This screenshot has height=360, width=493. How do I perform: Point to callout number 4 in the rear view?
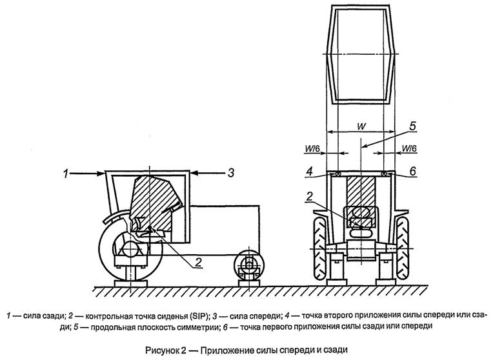pos(311,172)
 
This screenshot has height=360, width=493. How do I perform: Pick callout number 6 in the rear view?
pos(412,172)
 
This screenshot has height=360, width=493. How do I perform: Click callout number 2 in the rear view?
pos(310,195)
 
